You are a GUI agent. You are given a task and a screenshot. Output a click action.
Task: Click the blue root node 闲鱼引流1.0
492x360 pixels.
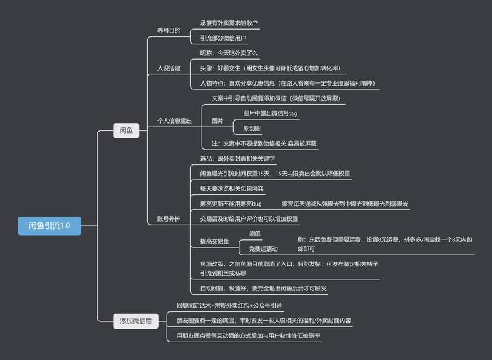pos(49,226)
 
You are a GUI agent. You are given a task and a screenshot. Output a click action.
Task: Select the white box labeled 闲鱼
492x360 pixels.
pos(126,131)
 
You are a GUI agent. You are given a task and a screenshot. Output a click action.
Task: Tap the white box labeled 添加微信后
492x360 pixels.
pos(136,320)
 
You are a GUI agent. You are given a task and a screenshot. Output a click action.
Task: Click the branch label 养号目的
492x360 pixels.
pos(169,30)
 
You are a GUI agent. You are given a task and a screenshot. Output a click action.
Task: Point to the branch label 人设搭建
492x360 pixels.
pos(169,68)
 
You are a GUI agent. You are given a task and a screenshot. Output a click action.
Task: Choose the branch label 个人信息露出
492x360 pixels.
pos(175,121)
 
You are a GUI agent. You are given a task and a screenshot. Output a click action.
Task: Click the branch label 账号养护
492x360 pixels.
pos(169,218)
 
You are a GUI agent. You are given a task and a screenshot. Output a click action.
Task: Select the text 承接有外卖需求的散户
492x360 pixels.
pos(229,23)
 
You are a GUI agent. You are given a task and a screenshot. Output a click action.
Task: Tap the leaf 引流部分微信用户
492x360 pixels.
pos(223,38)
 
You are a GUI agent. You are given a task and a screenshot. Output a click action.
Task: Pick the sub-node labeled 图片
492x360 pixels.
pos(218,121)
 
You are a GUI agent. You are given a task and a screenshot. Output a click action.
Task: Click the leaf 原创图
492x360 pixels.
pos(252,129)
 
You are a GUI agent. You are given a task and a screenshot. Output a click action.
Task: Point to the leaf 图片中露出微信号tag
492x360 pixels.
pos(270,113)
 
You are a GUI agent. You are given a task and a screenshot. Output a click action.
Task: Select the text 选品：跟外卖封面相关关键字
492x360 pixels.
pos(237,159)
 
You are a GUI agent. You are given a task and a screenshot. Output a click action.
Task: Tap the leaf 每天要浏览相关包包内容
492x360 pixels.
pos(232,188)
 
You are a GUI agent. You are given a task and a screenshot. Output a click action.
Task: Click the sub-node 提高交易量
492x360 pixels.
pos(214,242)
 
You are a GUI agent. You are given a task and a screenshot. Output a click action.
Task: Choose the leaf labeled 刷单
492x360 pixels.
pos(255,234)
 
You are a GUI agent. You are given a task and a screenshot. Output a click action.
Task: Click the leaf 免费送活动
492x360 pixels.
pos(263,249)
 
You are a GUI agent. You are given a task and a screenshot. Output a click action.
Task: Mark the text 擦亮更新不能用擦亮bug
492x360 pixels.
pos(231,204)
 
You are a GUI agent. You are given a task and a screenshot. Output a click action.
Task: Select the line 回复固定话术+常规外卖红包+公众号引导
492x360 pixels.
pos(229,305)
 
